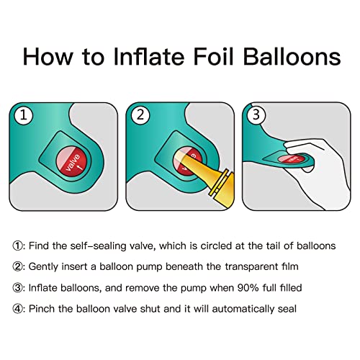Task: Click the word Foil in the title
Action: click(x=213, y=56)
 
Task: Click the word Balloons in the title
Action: click(x=292, y=56)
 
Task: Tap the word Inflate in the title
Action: click(x=148, y=56)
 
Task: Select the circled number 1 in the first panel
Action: click(x=23, y=115)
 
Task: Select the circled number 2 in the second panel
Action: click(x=140, y=115)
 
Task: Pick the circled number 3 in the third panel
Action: click(x=256, y=114)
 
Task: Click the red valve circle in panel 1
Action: click(x=71, y=162)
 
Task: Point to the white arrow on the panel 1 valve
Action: click(x=80, y=166)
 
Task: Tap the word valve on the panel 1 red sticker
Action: click(x=73, y=163)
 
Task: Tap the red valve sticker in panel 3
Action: click(x=292, y=158)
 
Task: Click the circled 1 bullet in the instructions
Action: click(x=17, y=246)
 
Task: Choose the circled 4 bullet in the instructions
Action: click(x=17, y=309)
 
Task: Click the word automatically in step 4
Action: click(x=243, y=309)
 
